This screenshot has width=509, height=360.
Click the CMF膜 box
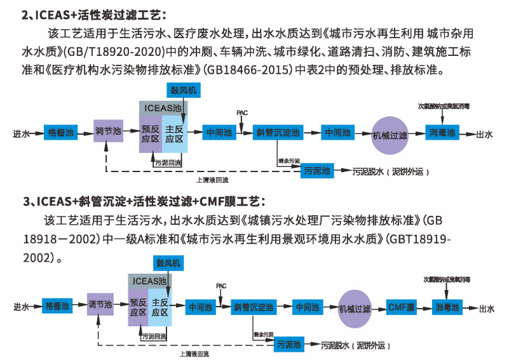(401, 307)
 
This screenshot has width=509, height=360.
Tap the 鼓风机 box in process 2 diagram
(183, 90)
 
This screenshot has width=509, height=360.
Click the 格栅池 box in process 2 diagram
(62, 133)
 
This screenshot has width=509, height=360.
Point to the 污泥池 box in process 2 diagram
(317, 171)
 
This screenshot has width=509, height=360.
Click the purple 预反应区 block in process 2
(151, 134)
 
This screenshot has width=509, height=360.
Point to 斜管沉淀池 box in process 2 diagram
(278, 133)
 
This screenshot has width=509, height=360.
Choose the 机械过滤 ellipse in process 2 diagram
(388, 135)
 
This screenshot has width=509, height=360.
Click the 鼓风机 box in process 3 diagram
(168, 262)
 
